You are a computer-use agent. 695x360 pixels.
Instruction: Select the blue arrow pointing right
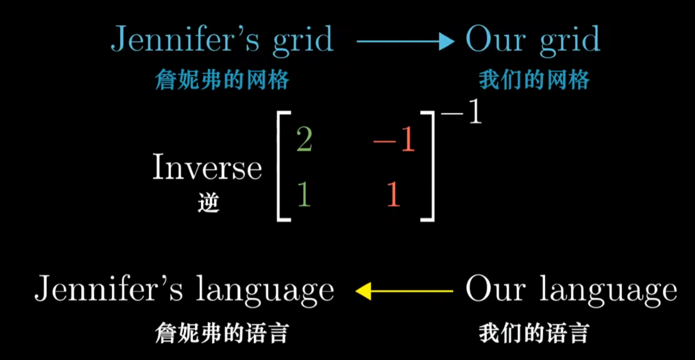pos(405,41)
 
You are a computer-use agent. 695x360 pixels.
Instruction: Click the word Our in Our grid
pos(492,39)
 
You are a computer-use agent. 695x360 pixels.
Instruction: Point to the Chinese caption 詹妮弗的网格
pos(222,81)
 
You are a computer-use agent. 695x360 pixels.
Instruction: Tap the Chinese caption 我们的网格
pos(534,81)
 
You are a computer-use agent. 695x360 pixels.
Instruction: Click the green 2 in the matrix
pos(304,139)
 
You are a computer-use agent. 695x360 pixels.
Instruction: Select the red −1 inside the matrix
pos(394,141)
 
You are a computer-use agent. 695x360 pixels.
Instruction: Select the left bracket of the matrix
pos(282,166)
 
